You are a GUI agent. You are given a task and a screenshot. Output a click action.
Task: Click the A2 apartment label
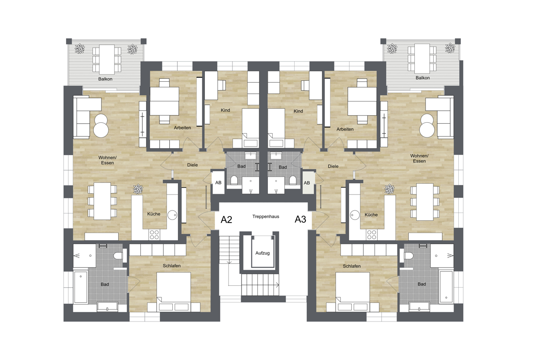click(226, 220)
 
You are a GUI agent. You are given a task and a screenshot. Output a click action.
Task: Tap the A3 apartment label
click(300, 219)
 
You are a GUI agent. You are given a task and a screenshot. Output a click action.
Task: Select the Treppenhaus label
click(266, 217)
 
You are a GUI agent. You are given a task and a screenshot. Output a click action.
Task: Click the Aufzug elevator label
click(263, 253)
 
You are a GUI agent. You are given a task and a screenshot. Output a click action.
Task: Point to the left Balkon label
click(105, 79)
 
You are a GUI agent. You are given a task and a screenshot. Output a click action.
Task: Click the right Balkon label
click(422, 78)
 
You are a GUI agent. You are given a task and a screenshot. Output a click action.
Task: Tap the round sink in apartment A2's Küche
click(172, 215)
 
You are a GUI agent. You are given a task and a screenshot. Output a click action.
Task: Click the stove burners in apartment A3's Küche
click(372, 235)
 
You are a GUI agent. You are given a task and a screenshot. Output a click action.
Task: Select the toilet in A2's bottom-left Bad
click(119, 255)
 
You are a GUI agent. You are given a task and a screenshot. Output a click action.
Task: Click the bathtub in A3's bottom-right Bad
click(446, 287)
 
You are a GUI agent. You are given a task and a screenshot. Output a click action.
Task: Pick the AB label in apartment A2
click(218, 182)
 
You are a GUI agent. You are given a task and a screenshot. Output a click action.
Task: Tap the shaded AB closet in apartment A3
click(308, 182)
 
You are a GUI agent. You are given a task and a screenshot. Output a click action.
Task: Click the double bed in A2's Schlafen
click(174, 292)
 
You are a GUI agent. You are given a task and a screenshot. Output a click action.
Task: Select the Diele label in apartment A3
click(333, 166)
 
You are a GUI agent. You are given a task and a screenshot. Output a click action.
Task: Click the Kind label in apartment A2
click(226, 110)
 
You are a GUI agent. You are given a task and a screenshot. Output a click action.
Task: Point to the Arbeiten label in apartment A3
click(345, 129)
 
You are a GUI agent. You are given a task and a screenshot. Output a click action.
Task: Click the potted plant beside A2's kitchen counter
click(138, 189)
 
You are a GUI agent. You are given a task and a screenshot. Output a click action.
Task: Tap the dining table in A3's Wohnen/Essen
click(425, 202)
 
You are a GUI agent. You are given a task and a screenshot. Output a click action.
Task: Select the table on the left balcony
click(107, 59)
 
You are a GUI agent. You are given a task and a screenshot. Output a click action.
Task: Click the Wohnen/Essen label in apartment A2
click(108, 160)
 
